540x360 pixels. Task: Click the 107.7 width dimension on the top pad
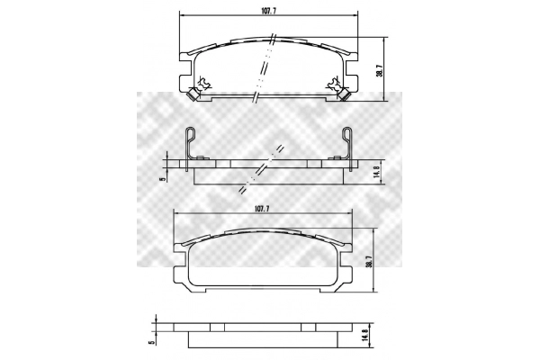pos(269,10)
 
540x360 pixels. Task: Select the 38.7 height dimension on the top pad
pos(379,69)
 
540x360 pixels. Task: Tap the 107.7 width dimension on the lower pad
pos(261,209)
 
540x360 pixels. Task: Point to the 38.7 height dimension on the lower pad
pos(369,261)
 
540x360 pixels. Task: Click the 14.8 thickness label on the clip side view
pos(376,171)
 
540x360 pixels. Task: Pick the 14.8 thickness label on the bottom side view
pos(365,335)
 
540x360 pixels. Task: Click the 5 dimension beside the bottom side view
pos(151,343)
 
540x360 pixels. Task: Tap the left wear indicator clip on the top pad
pos(193,94)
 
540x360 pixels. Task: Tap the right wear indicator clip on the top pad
pos(345,94)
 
